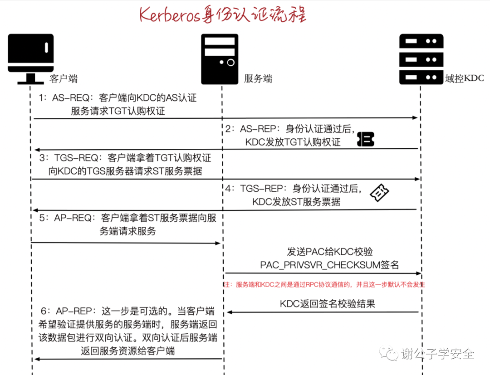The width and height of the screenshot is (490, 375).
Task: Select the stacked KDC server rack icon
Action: (421, 59)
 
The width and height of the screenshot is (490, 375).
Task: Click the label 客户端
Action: (64, 78)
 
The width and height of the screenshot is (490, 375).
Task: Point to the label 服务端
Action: (258, 78)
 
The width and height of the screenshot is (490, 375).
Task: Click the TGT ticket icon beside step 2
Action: (366, 139)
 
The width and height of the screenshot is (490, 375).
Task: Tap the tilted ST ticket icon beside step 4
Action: (379, 193)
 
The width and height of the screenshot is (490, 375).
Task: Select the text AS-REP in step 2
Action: (259, 129)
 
